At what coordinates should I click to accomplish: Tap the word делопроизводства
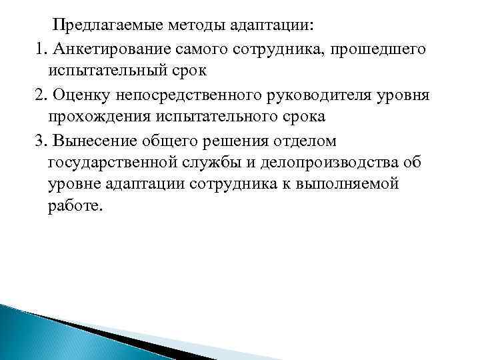(x=345, y=162)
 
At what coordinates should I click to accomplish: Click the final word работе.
(x=76, y=207)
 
